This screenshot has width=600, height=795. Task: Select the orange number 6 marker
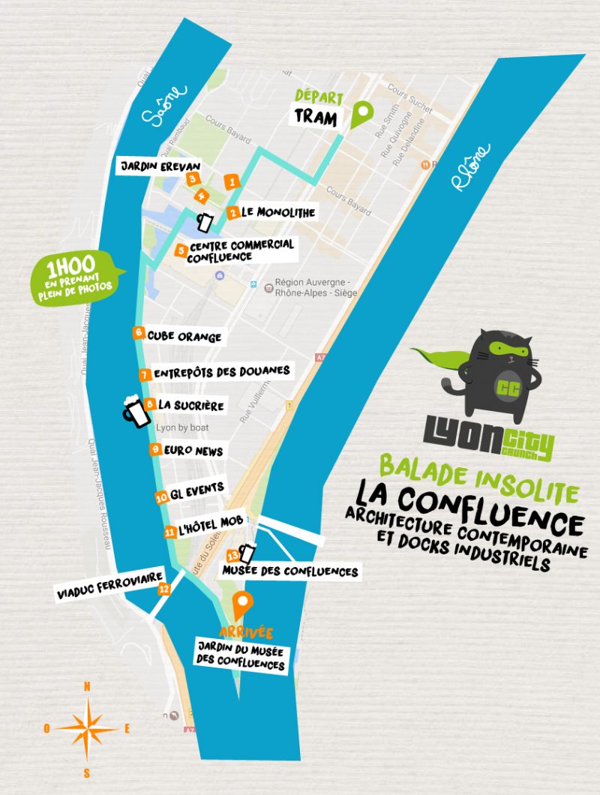139,332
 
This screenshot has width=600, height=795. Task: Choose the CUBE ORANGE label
184,337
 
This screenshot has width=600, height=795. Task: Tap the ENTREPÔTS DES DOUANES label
221,371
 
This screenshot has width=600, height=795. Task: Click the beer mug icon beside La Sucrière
133,411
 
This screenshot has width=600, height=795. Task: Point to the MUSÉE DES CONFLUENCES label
289,572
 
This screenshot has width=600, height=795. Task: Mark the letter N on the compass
87,686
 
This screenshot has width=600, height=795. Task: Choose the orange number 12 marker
164,589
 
